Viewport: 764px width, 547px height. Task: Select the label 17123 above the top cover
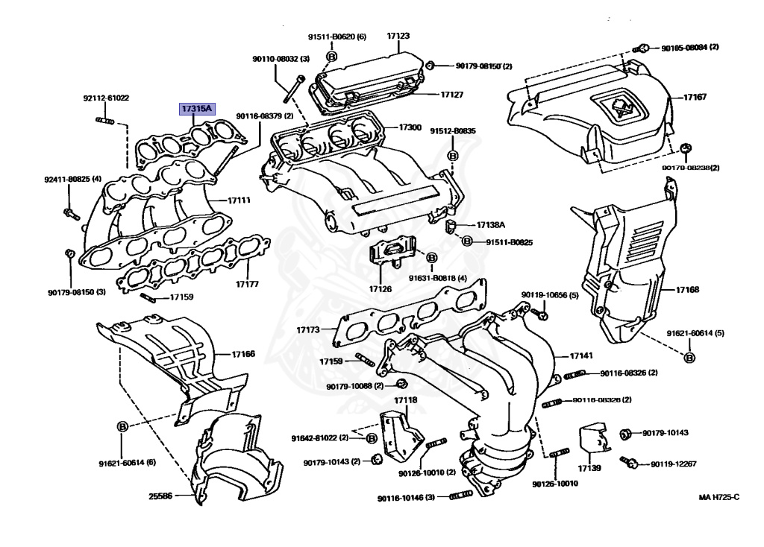pos(398,36)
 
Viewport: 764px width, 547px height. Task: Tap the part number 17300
pos(410,128)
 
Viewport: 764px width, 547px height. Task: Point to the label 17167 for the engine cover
pos(696,98)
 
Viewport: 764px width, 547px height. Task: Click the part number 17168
pos(687,289)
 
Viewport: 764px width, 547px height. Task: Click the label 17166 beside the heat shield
pos(243,354)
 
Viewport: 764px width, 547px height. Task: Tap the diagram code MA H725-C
pos(718,497)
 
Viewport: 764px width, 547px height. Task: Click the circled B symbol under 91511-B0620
pos(332,55)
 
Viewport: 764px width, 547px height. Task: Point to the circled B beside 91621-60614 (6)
pos(122,426)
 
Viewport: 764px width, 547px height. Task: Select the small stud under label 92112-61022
pos(104,119)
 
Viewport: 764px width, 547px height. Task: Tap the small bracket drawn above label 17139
pos(592,440)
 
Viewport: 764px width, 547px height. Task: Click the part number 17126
pos(380,288)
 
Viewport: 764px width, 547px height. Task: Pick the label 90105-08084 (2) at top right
pos(689,48)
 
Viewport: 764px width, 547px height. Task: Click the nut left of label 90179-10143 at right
pos(627,433)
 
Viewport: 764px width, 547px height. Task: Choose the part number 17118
pos(406,401)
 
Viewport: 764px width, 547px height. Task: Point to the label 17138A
pos(491,225)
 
